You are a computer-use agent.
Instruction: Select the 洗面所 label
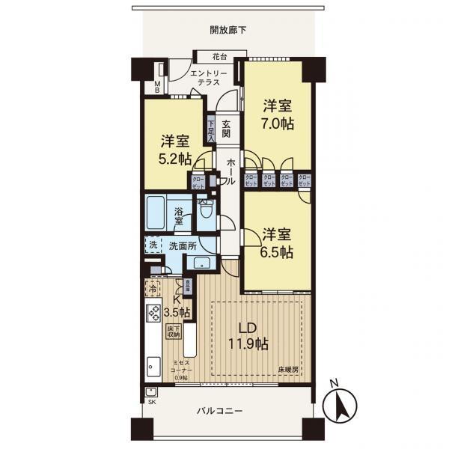coord(183,245)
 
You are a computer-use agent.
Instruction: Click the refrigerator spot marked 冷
coord(153,288)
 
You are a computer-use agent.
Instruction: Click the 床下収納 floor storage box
coord(173,332)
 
